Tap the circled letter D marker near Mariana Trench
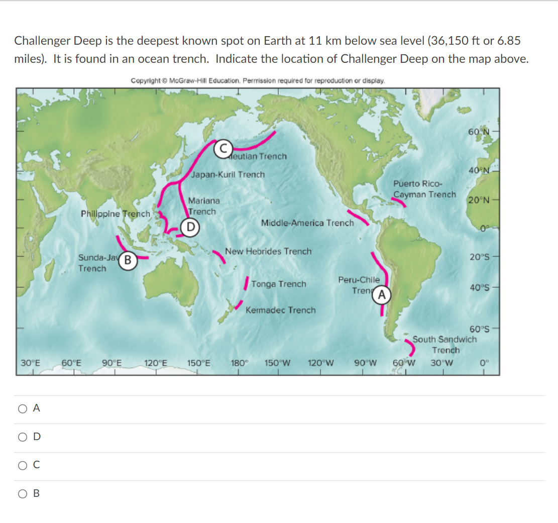click(190, 227)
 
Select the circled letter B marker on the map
click(128, 260)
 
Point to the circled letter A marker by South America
click(382, 295)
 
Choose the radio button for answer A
click(23, 409)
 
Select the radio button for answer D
click(23, 437)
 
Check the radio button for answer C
click(23, 465)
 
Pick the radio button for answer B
click(23, 493)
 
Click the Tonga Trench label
click(279, 284)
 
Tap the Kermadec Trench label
click(281, 310)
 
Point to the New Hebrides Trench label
click(268, 251)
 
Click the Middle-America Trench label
click(307, 223)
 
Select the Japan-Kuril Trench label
click(228, 174)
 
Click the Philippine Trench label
click(116, 214)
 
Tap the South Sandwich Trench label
click(444, 344)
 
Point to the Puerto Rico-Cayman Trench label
click(424, 189)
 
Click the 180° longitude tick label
click(239, 362)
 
